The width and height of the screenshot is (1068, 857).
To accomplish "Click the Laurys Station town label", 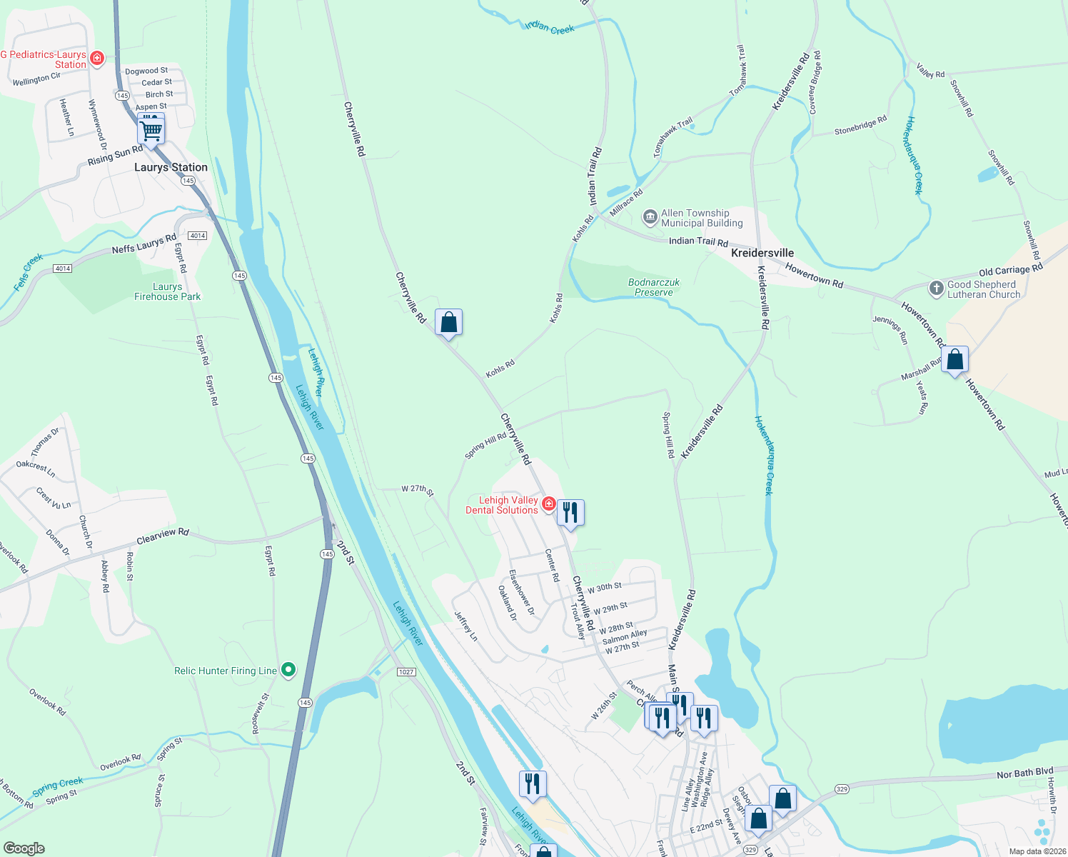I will (x=171, y=167).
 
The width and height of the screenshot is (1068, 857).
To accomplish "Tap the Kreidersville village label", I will (x=762, y=253).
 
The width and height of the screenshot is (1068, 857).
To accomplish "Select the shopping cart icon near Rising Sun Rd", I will (x=151, y=130).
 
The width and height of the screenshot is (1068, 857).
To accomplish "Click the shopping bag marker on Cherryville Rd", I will (x=448, y=323).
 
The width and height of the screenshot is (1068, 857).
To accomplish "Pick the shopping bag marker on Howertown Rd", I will (x=955, y=360).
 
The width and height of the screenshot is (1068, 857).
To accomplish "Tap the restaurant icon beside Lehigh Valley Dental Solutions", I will (x=570, y=513).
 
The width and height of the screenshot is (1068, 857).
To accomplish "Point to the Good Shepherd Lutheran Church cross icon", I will (x=936, y=289).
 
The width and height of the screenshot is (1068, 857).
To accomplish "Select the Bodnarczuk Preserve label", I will (x=654, y=287).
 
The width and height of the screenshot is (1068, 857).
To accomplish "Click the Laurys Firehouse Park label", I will (x=168, y=291).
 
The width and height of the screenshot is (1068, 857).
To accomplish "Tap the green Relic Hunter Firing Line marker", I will (x=288, y=670).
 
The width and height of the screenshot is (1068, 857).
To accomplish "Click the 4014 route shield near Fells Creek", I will (x=62, y=269).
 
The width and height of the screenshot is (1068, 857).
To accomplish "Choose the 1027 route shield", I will (x=406, y=672).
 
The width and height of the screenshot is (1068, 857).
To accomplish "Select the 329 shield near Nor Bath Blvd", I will (x=842, y=789).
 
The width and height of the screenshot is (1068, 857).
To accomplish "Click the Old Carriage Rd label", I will (x=1010, y=270).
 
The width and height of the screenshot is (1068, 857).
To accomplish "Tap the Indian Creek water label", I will (x=550, y=28).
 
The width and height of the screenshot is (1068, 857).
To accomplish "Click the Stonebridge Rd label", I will (x=860, y=126).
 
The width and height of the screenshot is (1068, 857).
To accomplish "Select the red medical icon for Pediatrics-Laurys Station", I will (x=97, y=58).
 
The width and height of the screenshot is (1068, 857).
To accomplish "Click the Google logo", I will (x=24, y=848).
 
